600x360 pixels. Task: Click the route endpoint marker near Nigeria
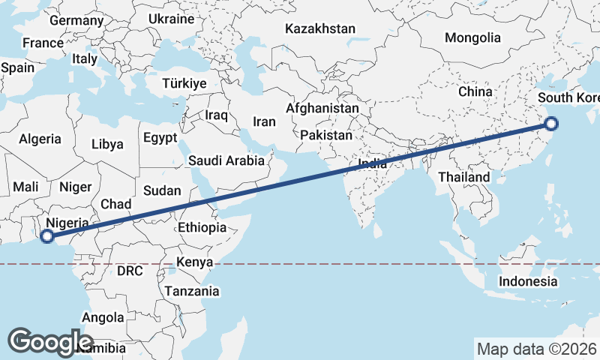(46, 236)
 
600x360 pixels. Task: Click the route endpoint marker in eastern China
(552, 124)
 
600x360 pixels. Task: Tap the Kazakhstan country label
(319, 29)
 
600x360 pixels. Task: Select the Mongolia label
(472, 37)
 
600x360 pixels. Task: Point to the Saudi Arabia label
(226, 160)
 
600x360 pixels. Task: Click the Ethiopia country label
(202, 227)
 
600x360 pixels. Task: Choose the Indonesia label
(529, 281)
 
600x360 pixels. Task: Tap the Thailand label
(464, 177)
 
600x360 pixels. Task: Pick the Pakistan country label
(326, 136)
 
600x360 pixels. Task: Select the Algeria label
(40, 139)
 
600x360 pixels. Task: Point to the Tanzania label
(192, 291)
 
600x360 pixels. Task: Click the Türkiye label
(184, 84)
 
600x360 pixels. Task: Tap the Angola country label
(103, 318)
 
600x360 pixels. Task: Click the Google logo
(51, 342)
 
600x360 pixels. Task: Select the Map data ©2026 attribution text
(536, 349)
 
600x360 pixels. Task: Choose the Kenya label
(195, 262)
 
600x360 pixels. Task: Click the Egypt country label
(160, 138)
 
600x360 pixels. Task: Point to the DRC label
(130, 270)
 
